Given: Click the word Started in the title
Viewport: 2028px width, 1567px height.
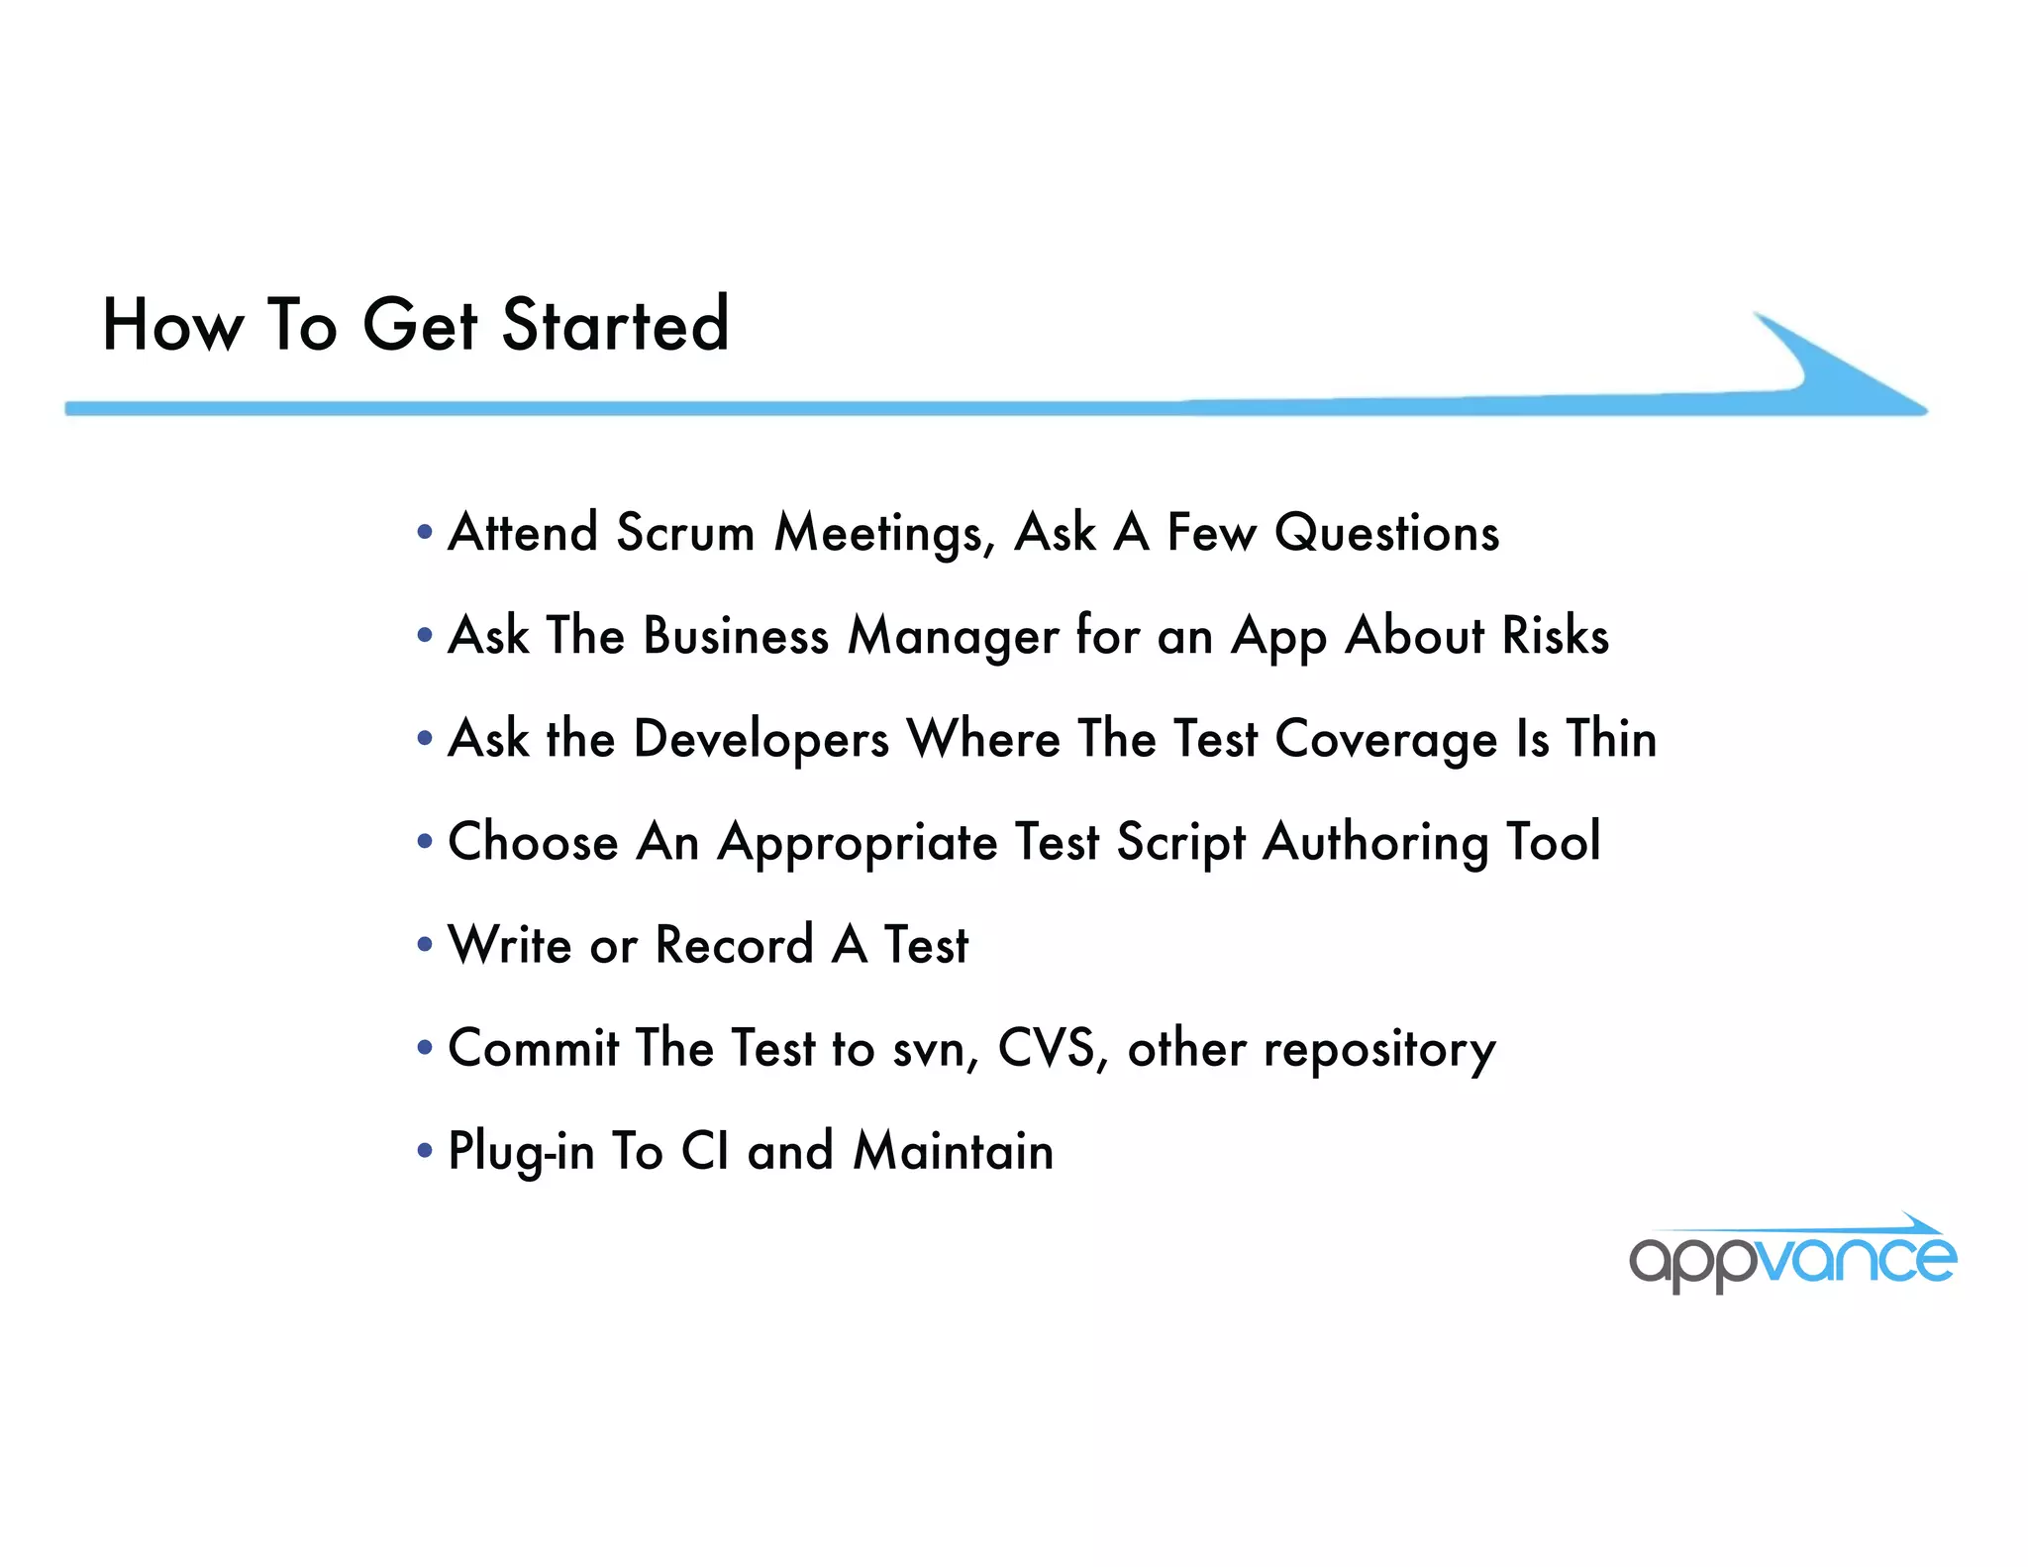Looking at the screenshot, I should coord(615,325).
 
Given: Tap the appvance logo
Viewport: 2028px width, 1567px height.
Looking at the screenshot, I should coord(1792,1256).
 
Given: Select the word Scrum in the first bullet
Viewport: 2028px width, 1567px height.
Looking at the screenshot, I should coord(684,533).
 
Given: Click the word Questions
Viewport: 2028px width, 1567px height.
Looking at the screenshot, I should coord(1386,533).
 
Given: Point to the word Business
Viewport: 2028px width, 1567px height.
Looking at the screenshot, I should coord(736,636).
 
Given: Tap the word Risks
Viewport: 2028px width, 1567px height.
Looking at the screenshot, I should coord(1555,636).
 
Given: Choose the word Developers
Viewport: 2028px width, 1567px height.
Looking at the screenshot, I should coord(760,739).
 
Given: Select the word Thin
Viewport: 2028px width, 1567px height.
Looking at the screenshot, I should coord(1610,739).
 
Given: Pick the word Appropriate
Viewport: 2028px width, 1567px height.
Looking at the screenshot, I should coord(858,844).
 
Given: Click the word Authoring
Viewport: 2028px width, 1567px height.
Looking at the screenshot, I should coord(1375,844).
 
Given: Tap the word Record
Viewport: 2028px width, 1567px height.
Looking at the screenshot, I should coord(734,945).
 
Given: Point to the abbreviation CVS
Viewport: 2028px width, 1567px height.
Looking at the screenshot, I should coord(1048,1048).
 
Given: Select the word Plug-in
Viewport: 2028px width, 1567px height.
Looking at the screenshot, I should coord(521,1153).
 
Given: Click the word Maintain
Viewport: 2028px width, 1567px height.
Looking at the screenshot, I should coord(953,1151).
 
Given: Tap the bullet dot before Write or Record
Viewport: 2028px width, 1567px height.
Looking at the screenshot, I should coord(426,945).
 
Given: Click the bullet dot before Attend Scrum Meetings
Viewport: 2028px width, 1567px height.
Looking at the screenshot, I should coord(426,533).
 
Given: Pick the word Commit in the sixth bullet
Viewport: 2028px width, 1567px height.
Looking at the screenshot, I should coord(534,1048).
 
